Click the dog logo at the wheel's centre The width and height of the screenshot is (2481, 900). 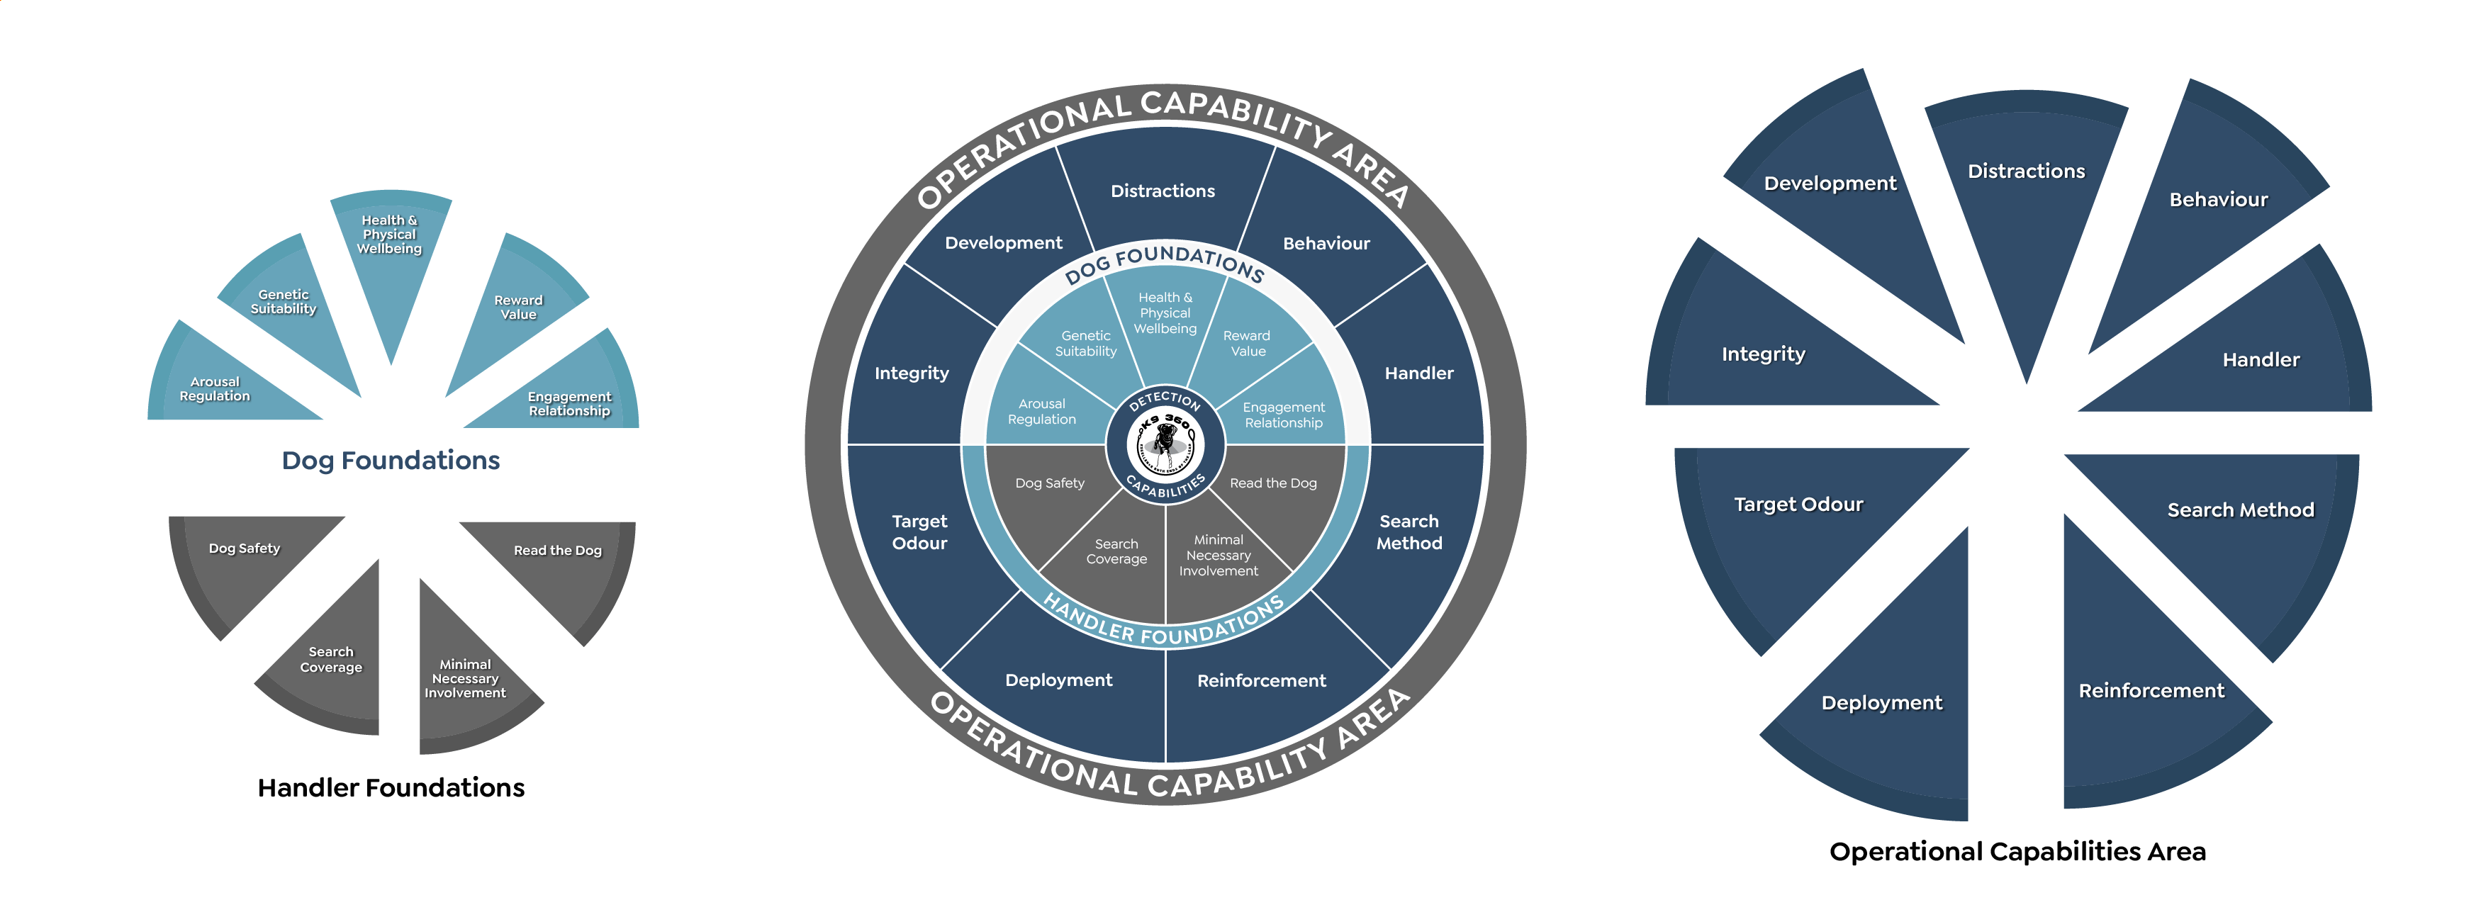1165,444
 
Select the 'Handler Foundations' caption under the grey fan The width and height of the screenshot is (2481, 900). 391,787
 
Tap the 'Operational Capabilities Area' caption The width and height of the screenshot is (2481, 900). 2017,851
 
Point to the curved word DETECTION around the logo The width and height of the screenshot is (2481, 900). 1165,398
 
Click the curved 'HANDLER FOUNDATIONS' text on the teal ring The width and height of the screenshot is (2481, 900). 1163,623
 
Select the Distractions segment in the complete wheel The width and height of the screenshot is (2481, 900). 1163,191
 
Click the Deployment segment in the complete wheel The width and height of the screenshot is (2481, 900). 1058,680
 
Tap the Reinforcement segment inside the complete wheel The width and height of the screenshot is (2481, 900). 1261,680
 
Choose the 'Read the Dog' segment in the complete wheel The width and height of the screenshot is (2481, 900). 1272,491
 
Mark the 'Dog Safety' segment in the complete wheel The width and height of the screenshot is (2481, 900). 1050,491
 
